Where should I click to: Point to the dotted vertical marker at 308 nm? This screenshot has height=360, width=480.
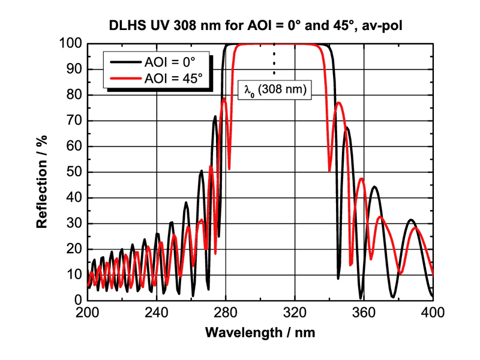click(274, 60)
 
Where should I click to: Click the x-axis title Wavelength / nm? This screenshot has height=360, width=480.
click(259, 332)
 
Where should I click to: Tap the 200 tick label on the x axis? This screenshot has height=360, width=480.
click(88, 313)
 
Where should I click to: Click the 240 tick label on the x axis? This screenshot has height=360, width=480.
click(157, 313)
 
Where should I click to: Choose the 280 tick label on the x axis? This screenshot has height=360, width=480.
click(226, 313)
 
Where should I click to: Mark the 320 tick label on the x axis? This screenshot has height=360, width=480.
click(295, 313)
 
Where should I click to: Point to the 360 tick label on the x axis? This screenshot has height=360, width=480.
click(364, 313)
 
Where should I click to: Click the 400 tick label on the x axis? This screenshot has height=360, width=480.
click(433, 313)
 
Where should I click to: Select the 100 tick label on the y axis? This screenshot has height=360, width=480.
click(71, 44)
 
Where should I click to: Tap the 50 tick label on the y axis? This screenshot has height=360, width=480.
click(74, 172)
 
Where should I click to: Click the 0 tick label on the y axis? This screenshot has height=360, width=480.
click(77, 300)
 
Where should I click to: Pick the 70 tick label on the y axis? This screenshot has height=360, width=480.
click(74, 121)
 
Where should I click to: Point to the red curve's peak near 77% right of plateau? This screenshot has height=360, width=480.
click(339, 103)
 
